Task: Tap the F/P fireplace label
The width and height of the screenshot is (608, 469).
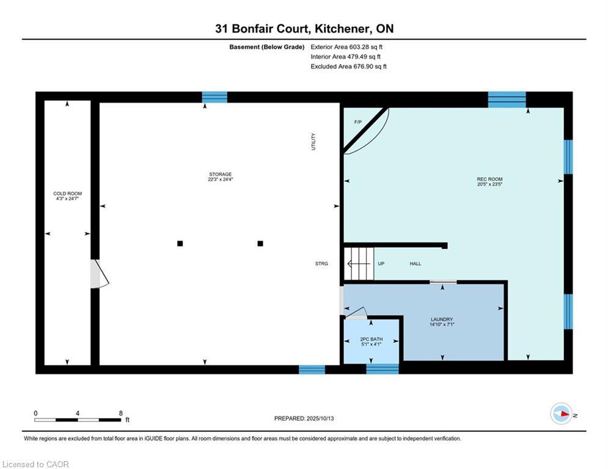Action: (x=358, y=122)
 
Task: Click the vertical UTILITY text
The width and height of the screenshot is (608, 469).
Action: (x=313, y=142)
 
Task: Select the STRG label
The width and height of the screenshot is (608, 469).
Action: (x=321, y=264)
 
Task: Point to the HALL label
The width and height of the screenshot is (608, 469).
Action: (x=416, y=264)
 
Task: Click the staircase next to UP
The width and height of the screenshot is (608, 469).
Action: (x=359, y=264)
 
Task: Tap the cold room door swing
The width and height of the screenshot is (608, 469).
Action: (x=100, y=274)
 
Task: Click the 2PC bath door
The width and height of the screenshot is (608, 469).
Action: (x=356, y=313)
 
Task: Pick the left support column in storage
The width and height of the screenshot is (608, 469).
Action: (x=180, y=244)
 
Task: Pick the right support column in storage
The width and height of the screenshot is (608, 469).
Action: (x=260, y=244)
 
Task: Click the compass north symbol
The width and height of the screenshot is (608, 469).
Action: (x=561, y=414)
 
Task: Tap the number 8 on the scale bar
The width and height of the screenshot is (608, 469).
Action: (x=121, y=413)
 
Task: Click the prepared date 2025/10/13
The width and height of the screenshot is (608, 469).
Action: (x=320, y=418)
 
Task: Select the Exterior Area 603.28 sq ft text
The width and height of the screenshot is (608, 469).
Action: (x=346, y=47)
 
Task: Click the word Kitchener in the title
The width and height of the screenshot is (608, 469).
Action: (x=341, y=29)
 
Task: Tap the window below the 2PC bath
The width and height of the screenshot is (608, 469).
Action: (x=383, y=369)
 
